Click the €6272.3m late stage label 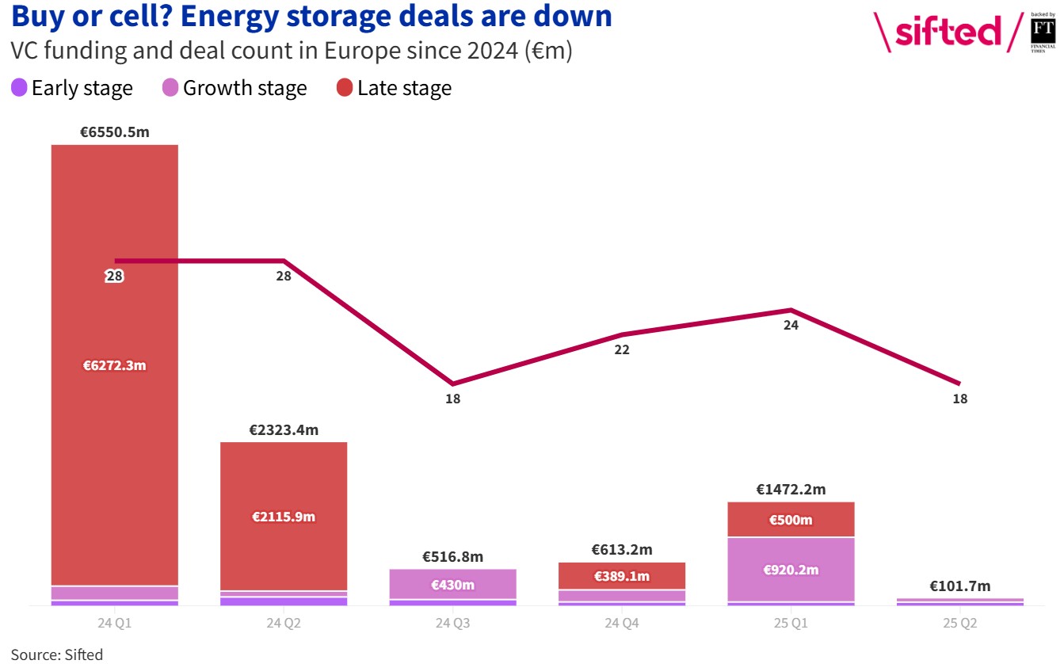(x=115, y=365)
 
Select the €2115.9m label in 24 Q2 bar (x=284, y=517)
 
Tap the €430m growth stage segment (x=452, y=585)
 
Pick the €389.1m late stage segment (x=622, y=576)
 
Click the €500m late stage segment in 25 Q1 (x=791, y=520)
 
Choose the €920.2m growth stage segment (x=791, y=570)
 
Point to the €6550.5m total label (x=115, y=132)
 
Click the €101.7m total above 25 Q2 (x=959, y=586)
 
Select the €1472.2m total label (x=791, y=490)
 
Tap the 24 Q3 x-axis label (x=452, y=624)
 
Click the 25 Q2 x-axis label (x=959, y=624)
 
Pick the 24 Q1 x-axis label (x=115, y=624)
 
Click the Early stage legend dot (x=19, y=88)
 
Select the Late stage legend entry (x=394, y=88)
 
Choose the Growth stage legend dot (x=170, y=88)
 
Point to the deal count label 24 (x=791, y=325)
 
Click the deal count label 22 (x=622, y=349)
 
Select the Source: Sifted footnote (x=56, y=654)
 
